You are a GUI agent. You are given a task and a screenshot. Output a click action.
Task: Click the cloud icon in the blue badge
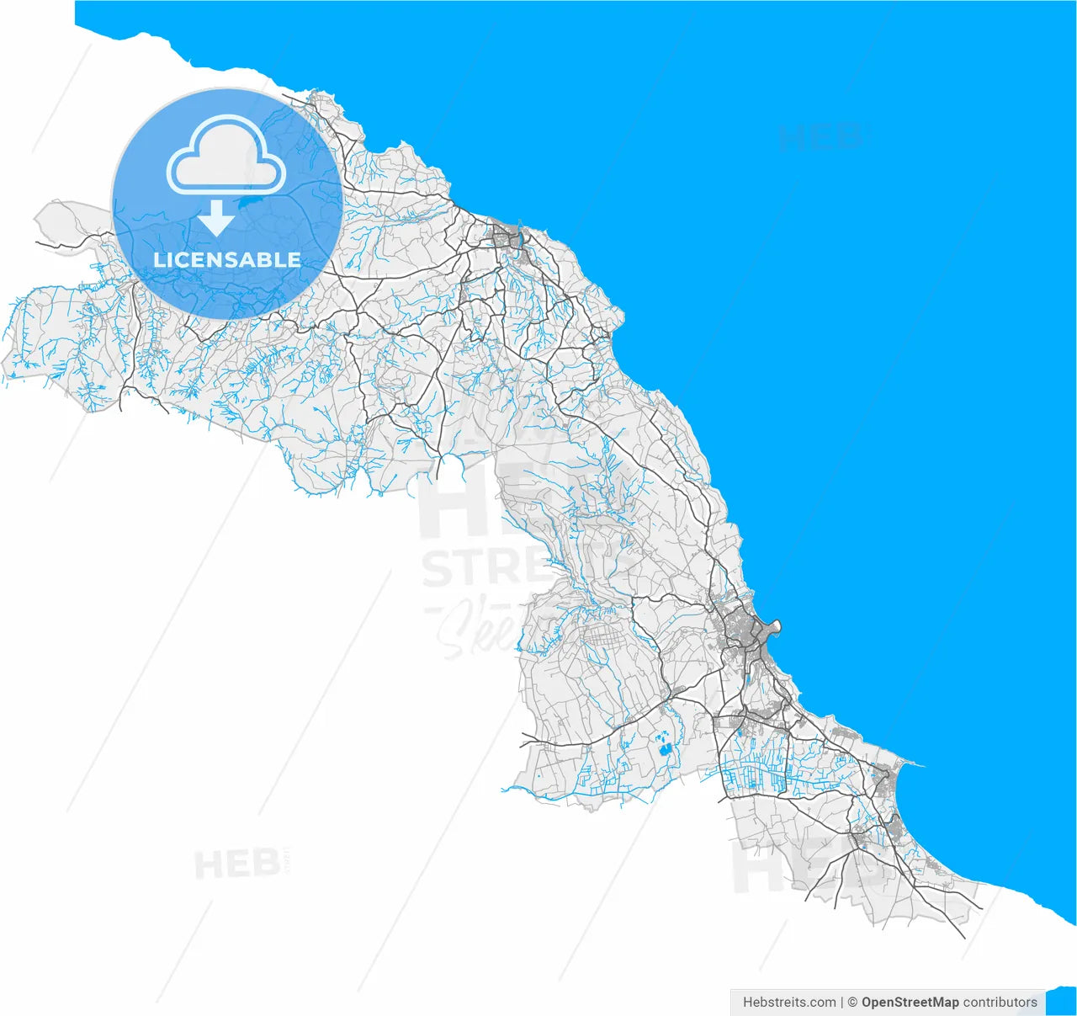[x=226, y=153]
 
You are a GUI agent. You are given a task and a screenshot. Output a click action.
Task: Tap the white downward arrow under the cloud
[x=217, y=218]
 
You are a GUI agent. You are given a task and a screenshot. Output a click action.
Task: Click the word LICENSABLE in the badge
[x=227, y=260]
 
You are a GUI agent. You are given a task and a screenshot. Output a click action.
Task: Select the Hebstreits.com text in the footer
[x=789, y=1002]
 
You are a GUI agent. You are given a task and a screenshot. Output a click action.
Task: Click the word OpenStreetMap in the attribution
[x=910, y=1002]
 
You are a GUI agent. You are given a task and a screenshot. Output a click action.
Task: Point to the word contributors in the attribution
[x=1000, y=1002]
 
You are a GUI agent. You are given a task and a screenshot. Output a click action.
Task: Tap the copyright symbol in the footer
[x=852, y=1002]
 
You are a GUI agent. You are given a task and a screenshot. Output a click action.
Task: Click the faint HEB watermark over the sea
[x=821, y=137]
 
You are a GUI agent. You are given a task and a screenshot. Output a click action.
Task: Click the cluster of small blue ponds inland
[x=666, y=746]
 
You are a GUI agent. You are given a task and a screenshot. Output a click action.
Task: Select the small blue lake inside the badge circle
[x=252, y=201]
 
